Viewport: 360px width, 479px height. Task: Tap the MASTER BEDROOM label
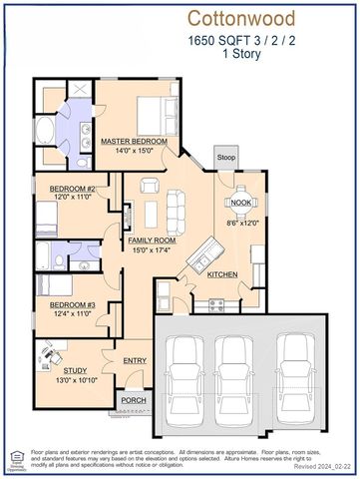[133, 142]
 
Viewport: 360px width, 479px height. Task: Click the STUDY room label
[60, 368]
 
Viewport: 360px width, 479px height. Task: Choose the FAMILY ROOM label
[152, 240]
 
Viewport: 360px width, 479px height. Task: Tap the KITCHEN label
[222, 273]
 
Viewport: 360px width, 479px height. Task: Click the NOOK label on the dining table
[240, 203]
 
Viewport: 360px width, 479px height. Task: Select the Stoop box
[226, 157]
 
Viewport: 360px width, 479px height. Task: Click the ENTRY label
[135, 360]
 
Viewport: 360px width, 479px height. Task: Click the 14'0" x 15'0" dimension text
[133, 151]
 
